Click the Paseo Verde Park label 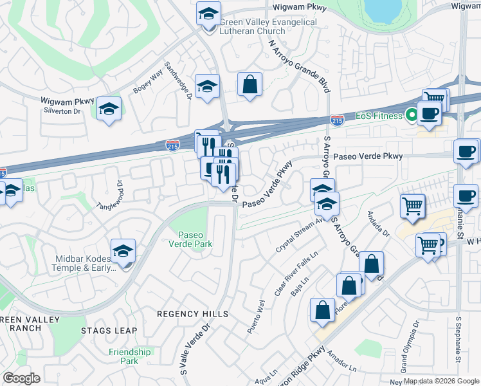pos(190,239)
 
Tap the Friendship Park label pos(129,356)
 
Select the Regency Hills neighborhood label pos(193,314)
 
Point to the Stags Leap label pos(109,331)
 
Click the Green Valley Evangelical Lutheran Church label pos(268,26)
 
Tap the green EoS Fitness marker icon pos(410,115)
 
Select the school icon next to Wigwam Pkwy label pos(109,108)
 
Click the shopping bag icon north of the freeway pos(249,85)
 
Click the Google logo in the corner pos(21,378)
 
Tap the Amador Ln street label pos(341,361)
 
